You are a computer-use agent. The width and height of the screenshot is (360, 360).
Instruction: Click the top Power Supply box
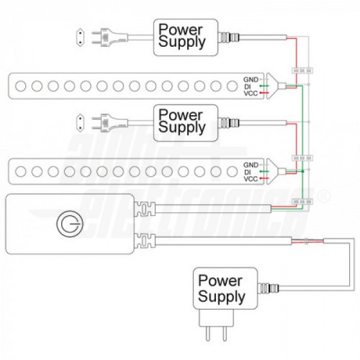(185, 37)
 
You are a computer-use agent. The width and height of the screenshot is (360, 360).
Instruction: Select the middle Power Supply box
(185, 123)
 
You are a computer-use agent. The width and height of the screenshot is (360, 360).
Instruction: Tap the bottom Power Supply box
(225, 289)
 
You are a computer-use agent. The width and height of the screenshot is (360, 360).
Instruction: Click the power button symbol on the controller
(70, 224)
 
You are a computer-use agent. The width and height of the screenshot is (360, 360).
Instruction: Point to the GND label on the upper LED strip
(251, 80)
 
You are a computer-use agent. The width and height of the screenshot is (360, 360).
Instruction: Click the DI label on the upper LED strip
(247, 87)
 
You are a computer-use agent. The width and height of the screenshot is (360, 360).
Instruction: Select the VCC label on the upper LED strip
(251, 94)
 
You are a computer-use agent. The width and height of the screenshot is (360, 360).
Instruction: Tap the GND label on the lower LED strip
(251, 165)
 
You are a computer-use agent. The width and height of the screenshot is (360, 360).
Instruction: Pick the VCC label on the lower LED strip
(251, 179)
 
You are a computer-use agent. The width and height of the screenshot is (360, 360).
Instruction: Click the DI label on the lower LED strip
(247, 172)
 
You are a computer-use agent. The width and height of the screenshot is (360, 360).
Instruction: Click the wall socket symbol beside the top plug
(80, 37)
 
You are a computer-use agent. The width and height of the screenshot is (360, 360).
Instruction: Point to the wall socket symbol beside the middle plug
(80, 123)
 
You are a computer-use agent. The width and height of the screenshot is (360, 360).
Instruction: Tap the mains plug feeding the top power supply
(110, 37)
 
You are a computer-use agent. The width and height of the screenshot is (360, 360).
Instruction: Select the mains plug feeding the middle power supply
(110, 123)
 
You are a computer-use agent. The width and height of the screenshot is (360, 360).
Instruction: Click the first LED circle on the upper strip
(20, 86)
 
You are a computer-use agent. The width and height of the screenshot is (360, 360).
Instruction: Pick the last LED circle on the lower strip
(232, 172)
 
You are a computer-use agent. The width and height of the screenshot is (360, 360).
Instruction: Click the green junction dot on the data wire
(302, 172)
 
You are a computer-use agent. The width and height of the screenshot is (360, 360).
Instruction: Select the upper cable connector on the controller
(145, 209)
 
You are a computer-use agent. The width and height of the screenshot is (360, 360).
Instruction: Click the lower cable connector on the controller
(145, 241)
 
